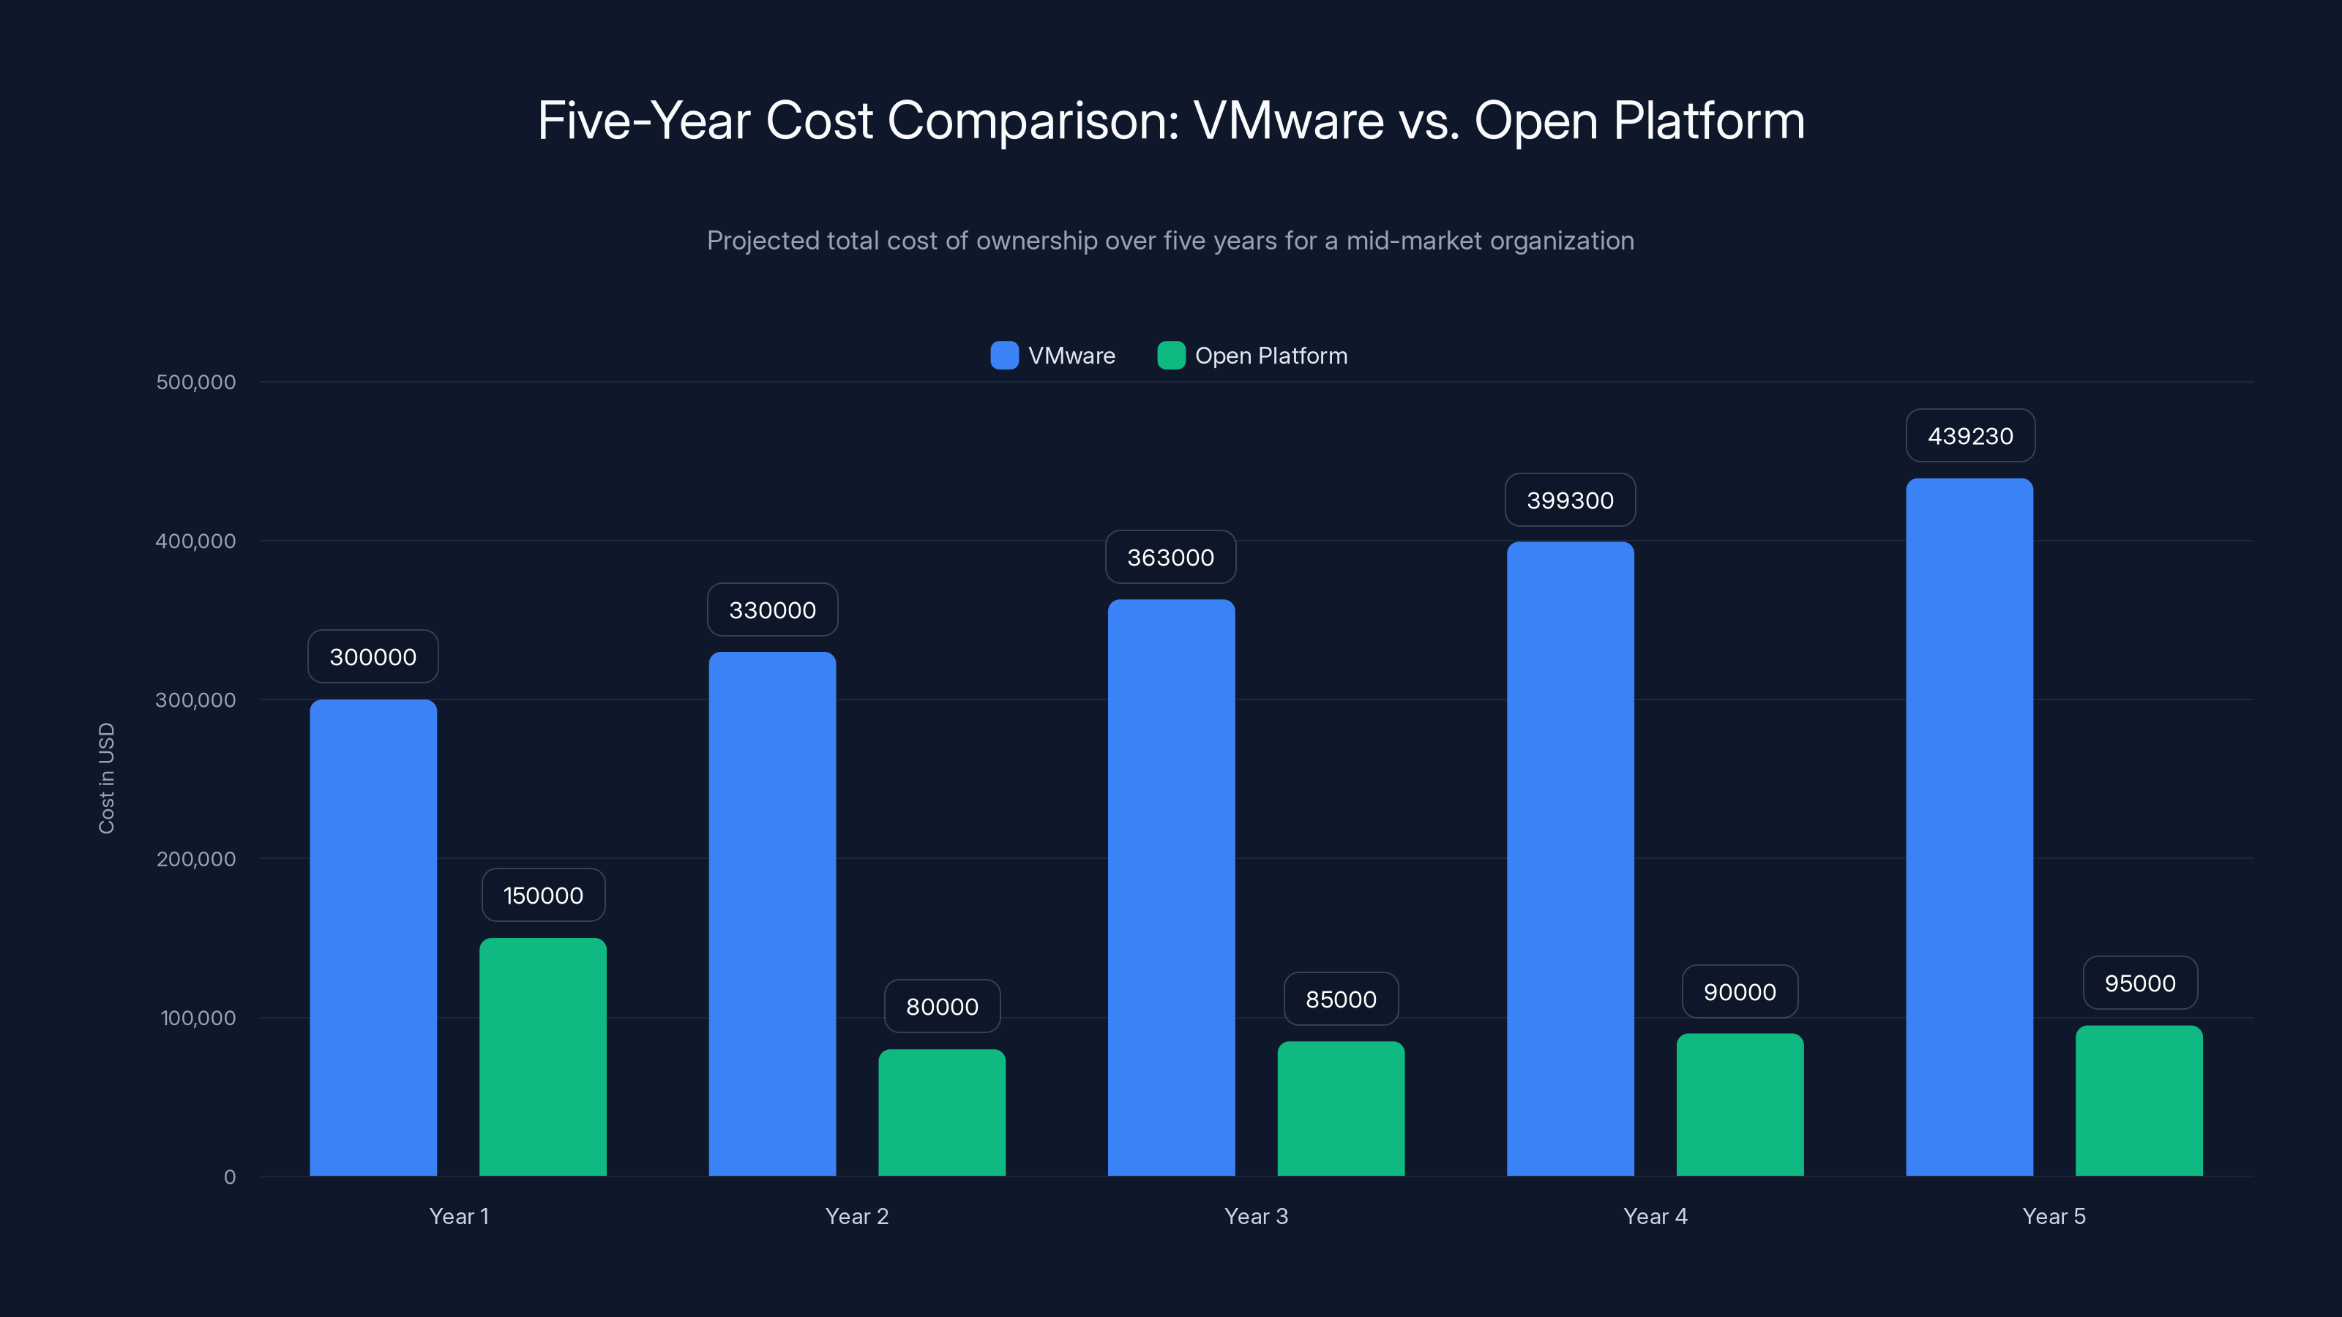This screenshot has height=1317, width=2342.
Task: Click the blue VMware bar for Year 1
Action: click(x=373, y=937)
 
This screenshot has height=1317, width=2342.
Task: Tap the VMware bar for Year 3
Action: click(x=1171, y=887)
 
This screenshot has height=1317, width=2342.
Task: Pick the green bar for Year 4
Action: click(x=1739, y=1104)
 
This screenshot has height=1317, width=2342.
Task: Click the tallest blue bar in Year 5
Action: click(x=1969, y=827)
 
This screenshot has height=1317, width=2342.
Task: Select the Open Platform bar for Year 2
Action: click(x=942, y=1112)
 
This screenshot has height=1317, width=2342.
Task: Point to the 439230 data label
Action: click(x=1970, y=436)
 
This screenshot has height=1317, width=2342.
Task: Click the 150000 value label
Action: click(x=543, y=896)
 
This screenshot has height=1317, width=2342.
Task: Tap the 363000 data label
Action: click(x=1170, y=557)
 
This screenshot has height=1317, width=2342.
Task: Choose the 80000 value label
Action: click(x=942, y=1006)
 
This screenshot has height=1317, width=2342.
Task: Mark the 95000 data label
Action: click(x=2139, y=983)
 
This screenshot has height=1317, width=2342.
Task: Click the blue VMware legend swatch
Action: click(x=1003, y=356)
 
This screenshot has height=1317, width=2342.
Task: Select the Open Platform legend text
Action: click(x=1270, y=356)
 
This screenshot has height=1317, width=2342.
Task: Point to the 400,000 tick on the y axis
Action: click(x=195, y=541)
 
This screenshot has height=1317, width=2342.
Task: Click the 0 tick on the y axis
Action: click(x=229, y=1177)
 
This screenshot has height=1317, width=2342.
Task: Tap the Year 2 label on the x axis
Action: click(x=856, y=1216)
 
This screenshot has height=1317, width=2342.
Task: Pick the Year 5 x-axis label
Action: click(x=2054, y=1216)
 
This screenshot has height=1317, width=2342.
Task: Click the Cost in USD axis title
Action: click(x=106, y=778)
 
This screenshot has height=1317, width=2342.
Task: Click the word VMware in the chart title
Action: click(x=1288, y=120)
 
